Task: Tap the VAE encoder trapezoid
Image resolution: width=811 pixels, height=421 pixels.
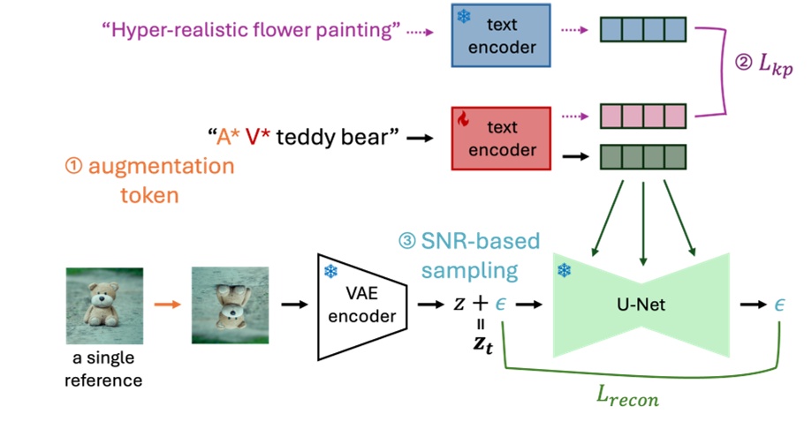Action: [x=360, y=305]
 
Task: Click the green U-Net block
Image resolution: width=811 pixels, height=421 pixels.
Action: [x=642, y=305]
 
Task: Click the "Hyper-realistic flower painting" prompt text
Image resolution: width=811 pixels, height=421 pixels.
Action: [x=252, y=31]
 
